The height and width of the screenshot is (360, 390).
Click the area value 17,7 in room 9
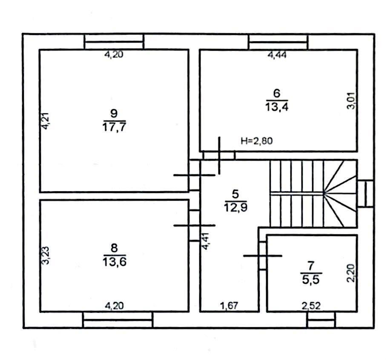point(114,127)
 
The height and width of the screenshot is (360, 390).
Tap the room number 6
point(277,93)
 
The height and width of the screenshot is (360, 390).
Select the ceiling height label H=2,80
point(257,141)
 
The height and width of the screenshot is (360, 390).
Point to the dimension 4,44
point(277,55)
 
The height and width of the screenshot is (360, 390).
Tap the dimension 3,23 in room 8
point(45,255)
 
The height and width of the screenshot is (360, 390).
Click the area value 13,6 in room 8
point(115,262)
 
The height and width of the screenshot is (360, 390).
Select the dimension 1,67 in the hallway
point(229,305)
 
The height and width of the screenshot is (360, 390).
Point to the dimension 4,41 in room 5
point(206,241)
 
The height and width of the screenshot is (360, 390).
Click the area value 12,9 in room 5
point(235,207)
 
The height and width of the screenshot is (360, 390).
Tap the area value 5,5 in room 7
point(311,279)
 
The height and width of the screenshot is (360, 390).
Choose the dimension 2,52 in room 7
point(311,305)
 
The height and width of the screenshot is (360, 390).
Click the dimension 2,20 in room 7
point(351,273)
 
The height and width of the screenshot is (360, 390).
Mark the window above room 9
point(114,42)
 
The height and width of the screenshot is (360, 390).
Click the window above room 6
point(278,42)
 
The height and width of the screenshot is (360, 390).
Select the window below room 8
point(118,320)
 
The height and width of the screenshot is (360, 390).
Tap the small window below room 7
point(321,320)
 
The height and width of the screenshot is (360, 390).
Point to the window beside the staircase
point(365,193)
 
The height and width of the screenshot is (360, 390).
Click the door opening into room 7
point(263,256)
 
